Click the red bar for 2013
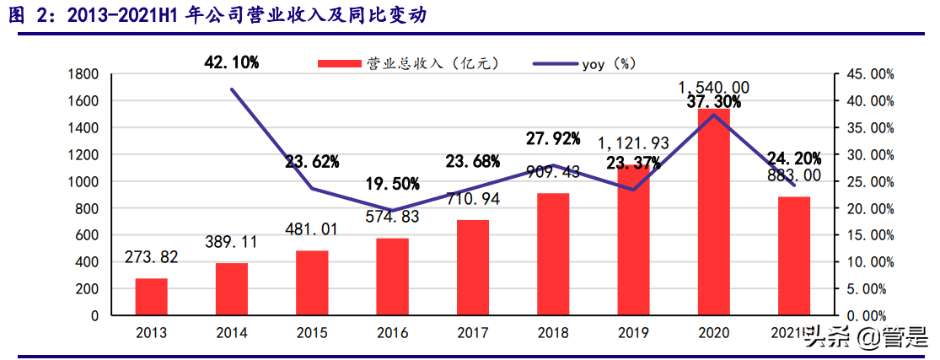click(x=151, y=297)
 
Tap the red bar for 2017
click(x=473, y=268)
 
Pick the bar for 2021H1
click(x=794, y=256)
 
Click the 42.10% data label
click(x=232, y=62)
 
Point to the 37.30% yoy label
click(x=713, y=102)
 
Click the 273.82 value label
click(x=152, y=258)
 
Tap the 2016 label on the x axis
click(x=392, y=333)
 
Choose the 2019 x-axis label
click(x=634, y=333)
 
